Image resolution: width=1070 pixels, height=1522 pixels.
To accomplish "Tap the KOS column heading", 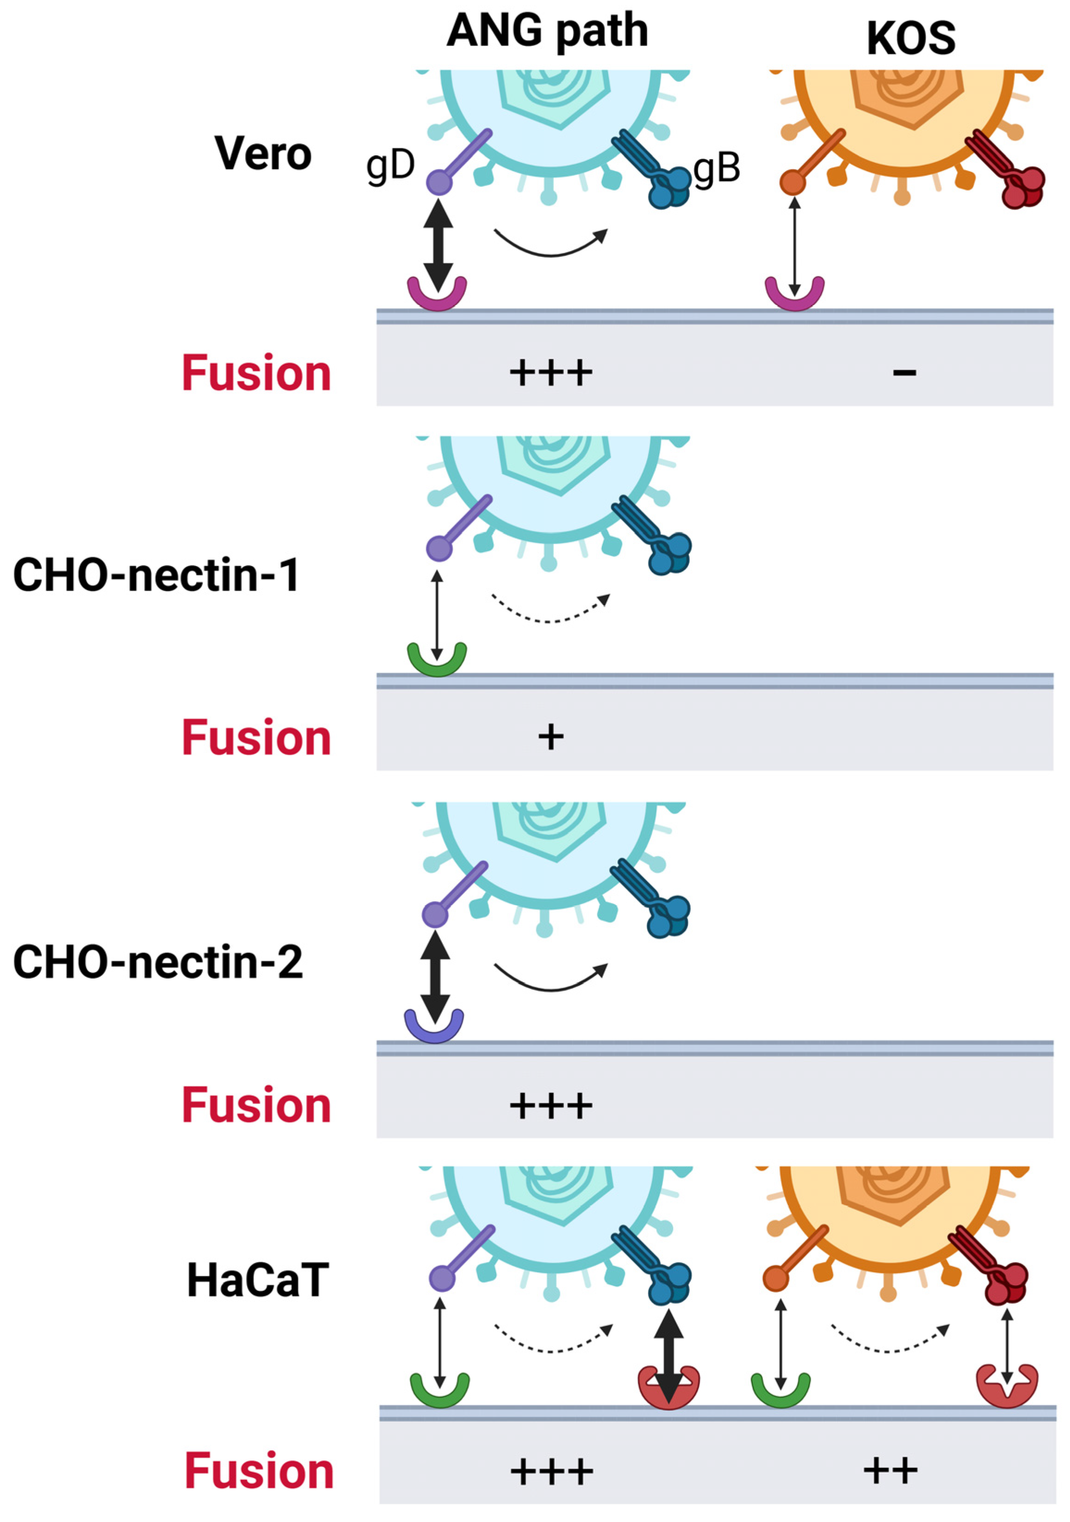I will click(x=911, y=38).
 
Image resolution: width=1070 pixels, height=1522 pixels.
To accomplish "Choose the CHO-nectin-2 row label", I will click(x=158, y=962).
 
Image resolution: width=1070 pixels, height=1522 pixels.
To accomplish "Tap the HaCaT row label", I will click(x=258, y=1280).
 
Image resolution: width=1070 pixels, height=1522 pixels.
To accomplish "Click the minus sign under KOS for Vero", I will click(x=904, y=373).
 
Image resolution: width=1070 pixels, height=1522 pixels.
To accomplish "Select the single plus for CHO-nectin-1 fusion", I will click(x=550, y=737).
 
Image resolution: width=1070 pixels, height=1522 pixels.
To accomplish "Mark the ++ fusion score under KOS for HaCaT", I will click(x=891, y=1472).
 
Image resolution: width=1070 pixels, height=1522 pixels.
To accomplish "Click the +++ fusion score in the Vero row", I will click(x=550, y=373).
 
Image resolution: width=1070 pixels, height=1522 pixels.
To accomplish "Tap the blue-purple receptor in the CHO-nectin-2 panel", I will click(x=434, y=1027).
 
